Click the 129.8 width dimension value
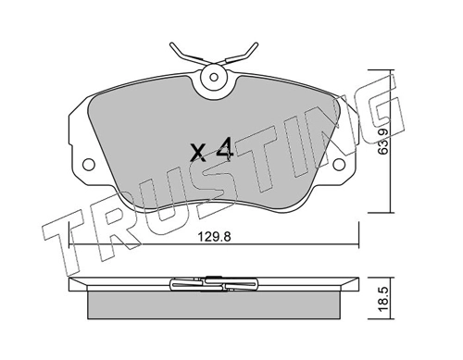[214, 237]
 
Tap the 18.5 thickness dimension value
[383, 298]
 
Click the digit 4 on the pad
[225, 150]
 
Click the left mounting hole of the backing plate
[89, 164]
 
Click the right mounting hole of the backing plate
[339, 164]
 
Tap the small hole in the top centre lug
[214, 77]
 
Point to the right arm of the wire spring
[241, 56]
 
